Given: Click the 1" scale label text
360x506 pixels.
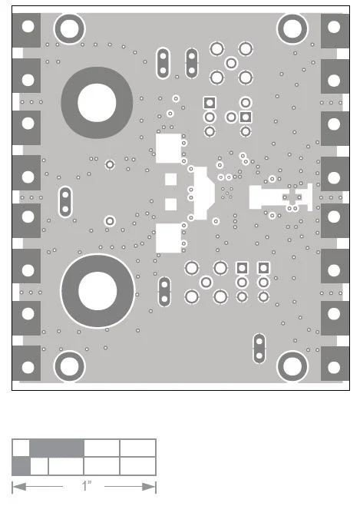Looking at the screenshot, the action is click(x=86, y=485).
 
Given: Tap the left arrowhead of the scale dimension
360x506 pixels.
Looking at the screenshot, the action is click(x=18, y=487).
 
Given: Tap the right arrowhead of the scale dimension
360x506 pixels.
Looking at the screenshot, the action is click(x=149, y=487).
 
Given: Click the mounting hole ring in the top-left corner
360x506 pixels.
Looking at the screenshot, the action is click(x=69, y=28).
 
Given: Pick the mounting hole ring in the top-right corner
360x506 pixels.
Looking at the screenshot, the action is click(x=292, y=28).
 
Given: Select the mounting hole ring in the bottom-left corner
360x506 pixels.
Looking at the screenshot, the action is click(x=69, y=366).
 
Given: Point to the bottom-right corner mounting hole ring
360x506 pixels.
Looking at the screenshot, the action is click(x=292, y=366).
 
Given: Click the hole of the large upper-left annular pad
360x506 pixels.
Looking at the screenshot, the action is click(x=97, y=103).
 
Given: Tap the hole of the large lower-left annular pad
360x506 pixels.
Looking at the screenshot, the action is click(x=97, y=291).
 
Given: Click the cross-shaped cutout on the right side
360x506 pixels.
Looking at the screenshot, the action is click(x=292, y=197).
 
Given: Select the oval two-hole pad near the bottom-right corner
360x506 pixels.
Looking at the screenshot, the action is click(x=259, y=348).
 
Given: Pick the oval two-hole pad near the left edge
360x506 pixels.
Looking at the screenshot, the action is click(x=65, y=202).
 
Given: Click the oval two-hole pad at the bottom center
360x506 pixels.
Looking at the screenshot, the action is click(x=164, y=292).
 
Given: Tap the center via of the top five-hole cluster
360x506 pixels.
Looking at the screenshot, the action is click(x=231, y=63).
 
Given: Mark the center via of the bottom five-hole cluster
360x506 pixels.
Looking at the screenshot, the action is click(x=206, y=282).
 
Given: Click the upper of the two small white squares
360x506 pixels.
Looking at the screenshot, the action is click(x=171, y=180).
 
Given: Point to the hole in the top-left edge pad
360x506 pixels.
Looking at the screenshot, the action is click(x=28, y=26).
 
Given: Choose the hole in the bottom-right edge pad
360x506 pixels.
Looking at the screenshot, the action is click(x=334, y=367).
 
